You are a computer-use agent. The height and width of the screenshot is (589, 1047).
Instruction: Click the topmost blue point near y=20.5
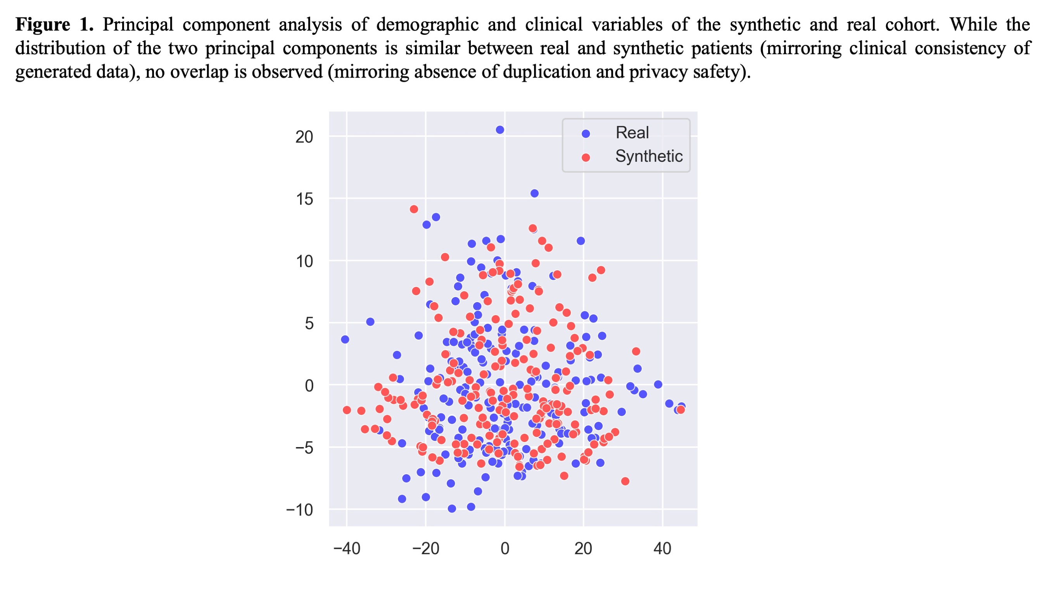tap(500, 130)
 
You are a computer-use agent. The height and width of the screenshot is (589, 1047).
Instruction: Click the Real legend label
tap(632, 133)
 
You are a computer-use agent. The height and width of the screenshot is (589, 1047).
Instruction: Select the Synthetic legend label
tap(649, 156)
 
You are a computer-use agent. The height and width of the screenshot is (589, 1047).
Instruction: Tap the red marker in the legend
tap(586, 157)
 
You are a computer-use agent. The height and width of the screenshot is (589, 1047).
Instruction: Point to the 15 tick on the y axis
tap(304, 199)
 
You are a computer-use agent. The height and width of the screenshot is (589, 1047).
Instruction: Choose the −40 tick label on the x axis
tap(347, 549)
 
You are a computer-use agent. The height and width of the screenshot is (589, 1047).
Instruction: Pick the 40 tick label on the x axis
tap(662, 549)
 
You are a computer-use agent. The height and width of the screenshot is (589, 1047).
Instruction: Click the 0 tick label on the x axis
tap(504, 549)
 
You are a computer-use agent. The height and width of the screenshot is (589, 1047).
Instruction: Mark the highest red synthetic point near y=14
tap(414, 209)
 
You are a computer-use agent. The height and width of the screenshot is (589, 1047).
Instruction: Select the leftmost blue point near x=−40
tap(345, 339)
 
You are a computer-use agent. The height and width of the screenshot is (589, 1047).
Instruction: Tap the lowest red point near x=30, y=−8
tap(625, 481)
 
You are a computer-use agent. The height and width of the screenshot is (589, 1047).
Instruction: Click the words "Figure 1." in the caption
tap(54, 24)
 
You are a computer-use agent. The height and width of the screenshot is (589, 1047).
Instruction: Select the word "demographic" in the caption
tap(427, 24)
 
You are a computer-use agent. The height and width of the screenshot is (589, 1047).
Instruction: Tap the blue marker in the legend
tap(586, 134)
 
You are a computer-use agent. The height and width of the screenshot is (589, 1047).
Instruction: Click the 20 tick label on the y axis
tap(304, 137)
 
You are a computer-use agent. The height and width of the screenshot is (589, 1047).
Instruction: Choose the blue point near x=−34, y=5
tap(370, 322)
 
